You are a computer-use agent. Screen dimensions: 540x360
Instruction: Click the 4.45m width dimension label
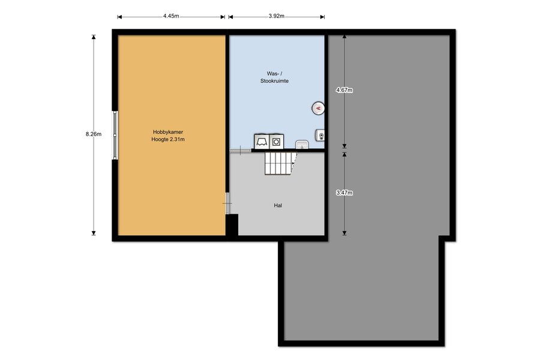tap(171, 16)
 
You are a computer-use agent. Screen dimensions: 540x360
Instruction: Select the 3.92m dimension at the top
tap(277, 16)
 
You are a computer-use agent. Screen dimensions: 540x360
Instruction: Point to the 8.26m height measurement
tap(94, 134)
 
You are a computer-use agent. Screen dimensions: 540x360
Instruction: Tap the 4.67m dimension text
tap(344, 90)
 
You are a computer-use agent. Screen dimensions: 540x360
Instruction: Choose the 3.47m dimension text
tap(344, 193)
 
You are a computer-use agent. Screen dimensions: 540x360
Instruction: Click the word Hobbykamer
tap(168, 132)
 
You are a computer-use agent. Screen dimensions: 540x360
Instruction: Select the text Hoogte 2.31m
tap(168, 140)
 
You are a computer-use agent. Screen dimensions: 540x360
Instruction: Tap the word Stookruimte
tap(274, 81)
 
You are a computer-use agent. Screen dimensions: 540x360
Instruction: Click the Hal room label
tap(278, 205)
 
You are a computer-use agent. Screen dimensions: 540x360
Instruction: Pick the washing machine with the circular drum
tap(276, 142)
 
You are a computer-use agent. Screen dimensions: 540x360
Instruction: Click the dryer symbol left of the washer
tap(262, 142)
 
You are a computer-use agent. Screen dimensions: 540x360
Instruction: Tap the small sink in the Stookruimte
tap(302, 145)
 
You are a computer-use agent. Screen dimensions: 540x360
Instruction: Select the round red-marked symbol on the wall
tap(318, 109)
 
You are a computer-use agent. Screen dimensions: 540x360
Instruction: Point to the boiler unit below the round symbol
tap(320, 136)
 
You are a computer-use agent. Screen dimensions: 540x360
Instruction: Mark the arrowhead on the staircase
tap(293, 163)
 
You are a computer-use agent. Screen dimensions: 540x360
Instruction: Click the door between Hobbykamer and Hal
tap(227, 203)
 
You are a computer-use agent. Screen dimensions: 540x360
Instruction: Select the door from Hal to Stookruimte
tap(241, 151)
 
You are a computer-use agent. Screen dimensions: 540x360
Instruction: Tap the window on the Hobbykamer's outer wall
tap(115, 135)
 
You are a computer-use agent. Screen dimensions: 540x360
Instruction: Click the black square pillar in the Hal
tap(232, 224)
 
